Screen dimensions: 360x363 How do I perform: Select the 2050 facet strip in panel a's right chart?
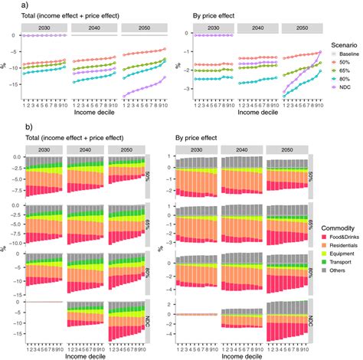[x=302, y=27]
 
